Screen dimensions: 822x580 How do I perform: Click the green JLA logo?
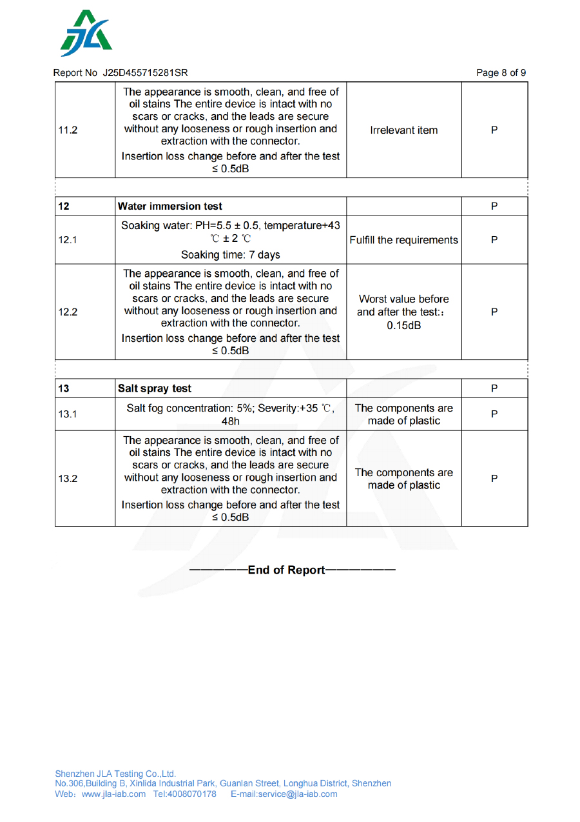coord(86,34)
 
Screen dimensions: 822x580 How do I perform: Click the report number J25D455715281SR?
coord(145,73)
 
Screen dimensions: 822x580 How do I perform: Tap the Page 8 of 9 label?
coord(501,73)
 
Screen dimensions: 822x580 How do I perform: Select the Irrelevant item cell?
coord(404,130)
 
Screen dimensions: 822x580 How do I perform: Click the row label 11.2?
coord(68,130)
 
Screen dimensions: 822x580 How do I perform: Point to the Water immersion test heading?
coord(170,206)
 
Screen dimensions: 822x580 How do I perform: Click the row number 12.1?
coord(68,240)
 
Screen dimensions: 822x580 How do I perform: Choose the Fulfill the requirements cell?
coord(404,240)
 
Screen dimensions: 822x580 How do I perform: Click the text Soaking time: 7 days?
coord(231,255)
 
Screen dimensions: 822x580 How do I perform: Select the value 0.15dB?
coord(404,325)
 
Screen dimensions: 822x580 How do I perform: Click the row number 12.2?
coord(68,312)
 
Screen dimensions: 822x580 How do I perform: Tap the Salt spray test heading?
coord(155,388)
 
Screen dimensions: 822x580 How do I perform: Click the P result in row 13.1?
coord(494,414)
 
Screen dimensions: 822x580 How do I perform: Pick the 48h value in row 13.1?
coord(231,421)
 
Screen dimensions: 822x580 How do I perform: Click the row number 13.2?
coord(68,479)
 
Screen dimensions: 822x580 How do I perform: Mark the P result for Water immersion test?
coord(494,206)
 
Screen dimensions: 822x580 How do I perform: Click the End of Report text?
coord(287,570)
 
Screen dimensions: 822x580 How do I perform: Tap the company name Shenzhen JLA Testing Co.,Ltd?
coord(115,774)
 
